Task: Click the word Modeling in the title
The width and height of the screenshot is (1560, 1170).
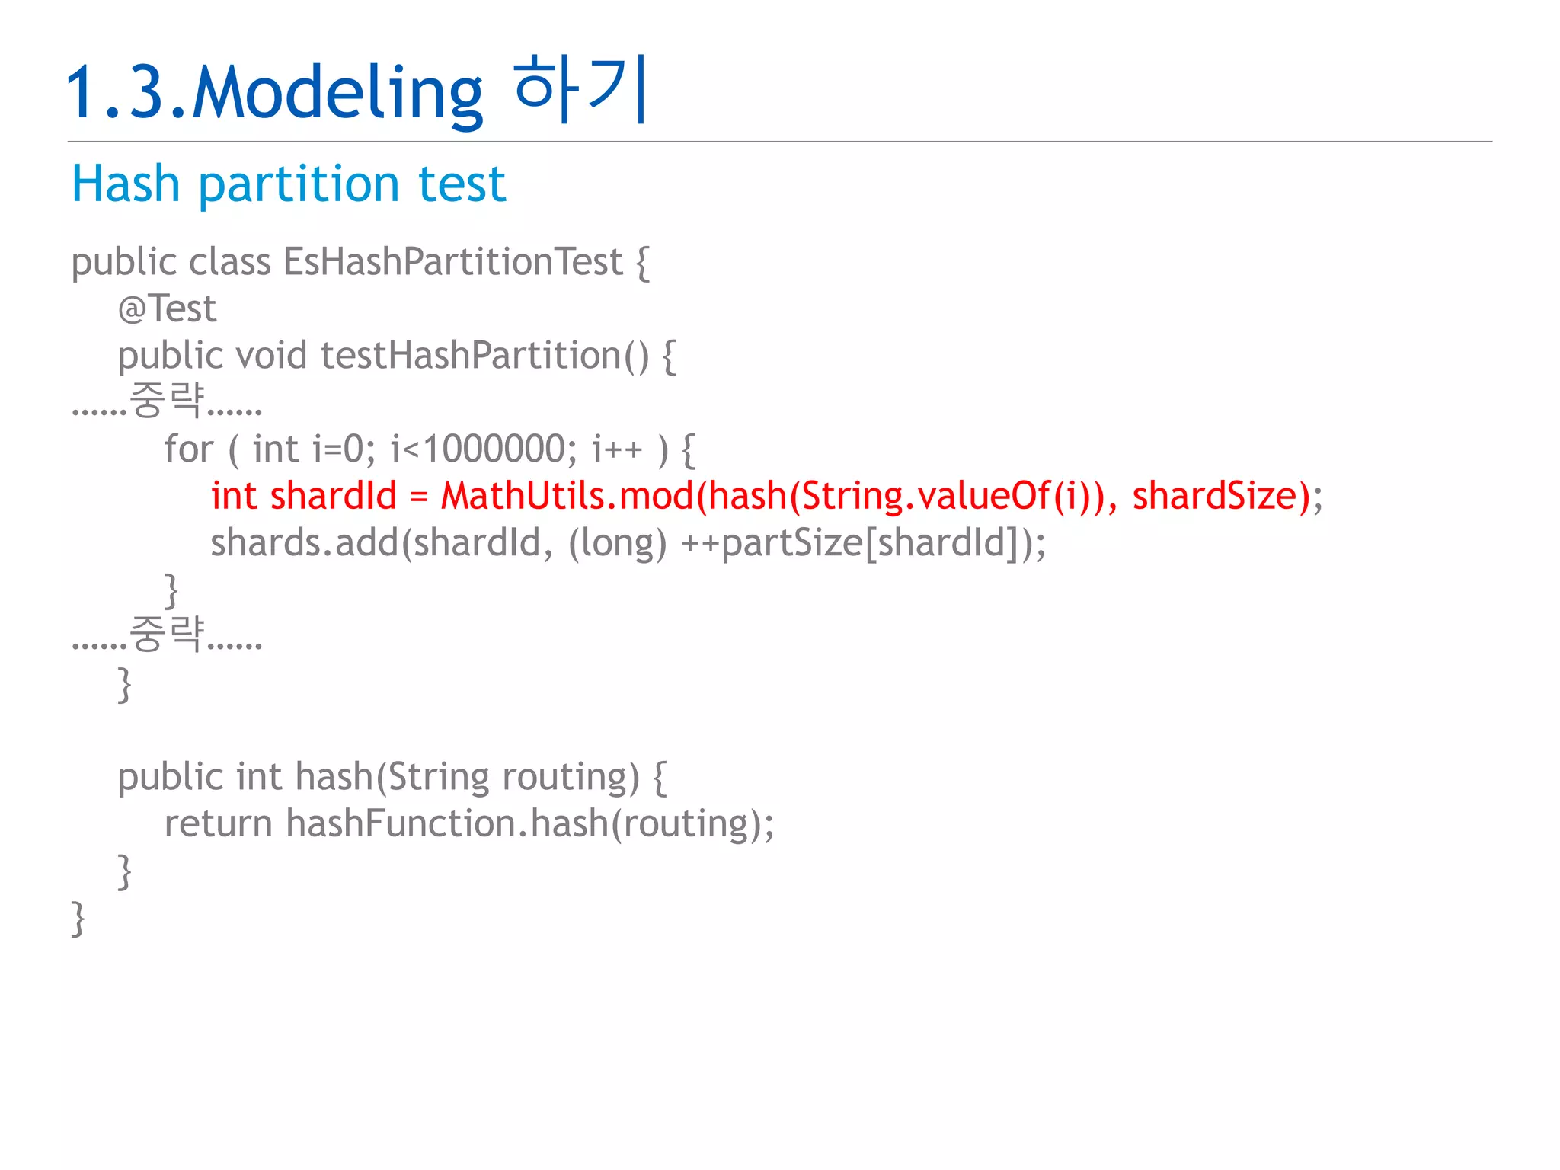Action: tap(337, 93)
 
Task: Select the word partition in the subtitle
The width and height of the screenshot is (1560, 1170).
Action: tap(299, 184)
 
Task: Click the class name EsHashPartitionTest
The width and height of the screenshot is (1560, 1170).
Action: tap(453, 261)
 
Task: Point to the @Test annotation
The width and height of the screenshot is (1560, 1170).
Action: tap(167, 308)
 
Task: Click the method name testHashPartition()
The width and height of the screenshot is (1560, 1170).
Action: tap(484, 356)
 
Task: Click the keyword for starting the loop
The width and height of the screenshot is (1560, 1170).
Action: tap(188, 449)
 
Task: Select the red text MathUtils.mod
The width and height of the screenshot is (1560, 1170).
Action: tap(567, 496)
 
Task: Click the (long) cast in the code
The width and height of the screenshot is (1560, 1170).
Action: tap(617, 543)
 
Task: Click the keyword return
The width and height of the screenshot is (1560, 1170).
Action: tap(218, 823)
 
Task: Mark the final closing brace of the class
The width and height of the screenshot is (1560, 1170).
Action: tap(78, 918)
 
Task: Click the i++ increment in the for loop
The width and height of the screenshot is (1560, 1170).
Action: tap(617, 449)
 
